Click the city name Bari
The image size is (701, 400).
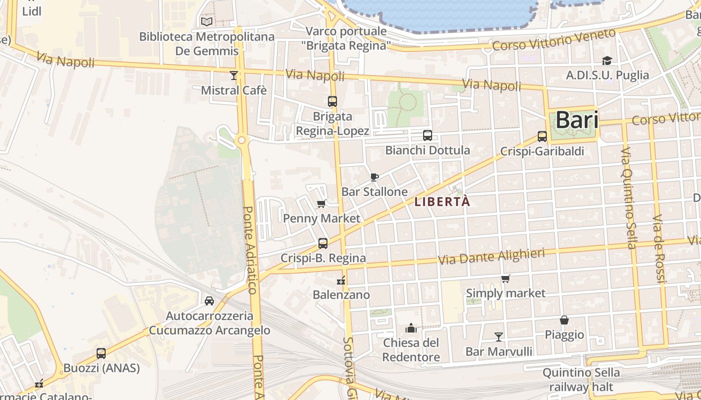click(x=577, y=120)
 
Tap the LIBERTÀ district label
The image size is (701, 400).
click(x=443, y=201)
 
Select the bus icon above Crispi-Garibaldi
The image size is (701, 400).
click(x=542, y=136)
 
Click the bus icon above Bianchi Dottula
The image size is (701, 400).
click(x=428, y=135)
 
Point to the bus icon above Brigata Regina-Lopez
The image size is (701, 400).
click(x=332, y=101)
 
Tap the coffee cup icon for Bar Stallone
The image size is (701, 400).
click(x=374, y=177)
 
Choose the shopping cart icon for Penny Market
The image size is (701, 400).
click(x=321, y=203)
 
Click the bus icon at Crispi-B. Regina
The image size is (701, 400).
click(x=323, y=243)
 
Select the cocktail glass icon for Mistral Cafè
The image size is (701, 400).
click(x=233, y=75)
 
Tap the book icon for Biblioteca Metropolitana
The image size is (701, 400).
click(x=206, y=21)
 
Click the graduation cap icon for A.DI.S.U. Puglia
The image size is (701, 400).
click(x=607, y=60)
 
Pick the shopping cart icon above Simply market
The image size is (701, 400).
click(x=506, y=279)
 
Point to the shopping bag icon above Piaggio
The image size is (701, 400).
click(x=564, y=320)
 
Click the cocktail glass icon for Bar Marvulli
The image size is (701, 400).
click(x=499, y=336)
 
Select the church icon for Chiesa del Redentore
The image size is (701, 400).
click(x=411, y=328)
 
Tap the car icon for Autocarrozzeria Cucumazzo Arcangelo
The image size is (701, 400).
click(x=209, y=301)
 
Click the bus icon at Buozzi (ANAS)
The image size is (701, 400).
click(x=101, y=353)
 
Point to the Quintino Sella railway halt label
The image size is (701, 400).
click(x=581, y=380)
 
